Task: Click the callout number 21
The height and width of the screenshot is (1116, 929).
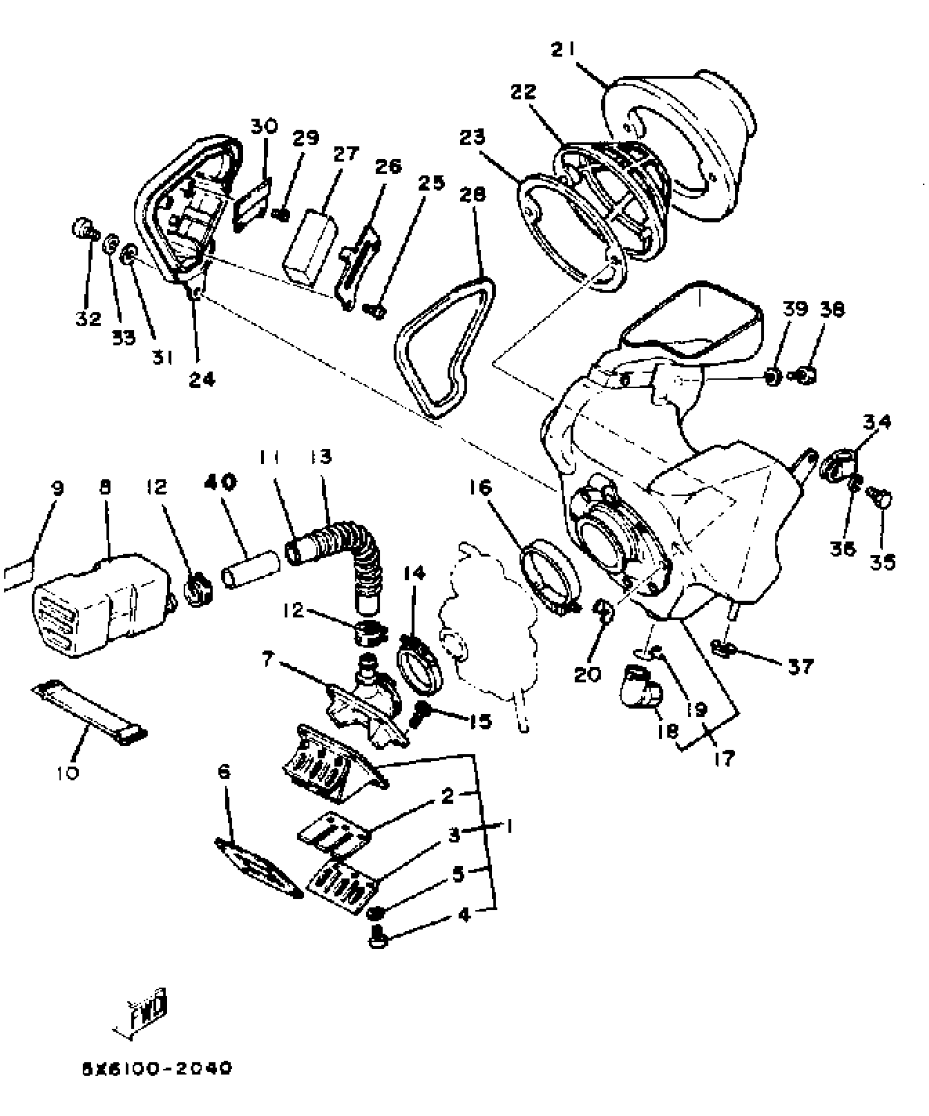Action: click(x=563, y=50)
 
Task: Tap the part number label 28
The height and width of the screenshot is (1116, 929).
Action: click(x=473, y=195)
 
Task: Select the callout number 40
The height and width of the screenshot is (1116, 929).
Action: click(x=221, y=483)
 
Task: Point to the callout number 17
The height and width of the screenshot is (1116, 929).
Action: click(x=724, y=758)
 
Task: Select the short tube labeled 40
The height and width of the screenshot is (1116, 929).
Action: click(x=250, y=571)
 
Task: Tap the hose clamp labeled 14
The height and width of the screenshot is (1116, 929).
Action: click(x=420, y=661)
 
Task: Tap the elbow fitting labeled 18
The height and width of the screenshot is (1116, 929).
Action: click(x=640, y=687)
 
